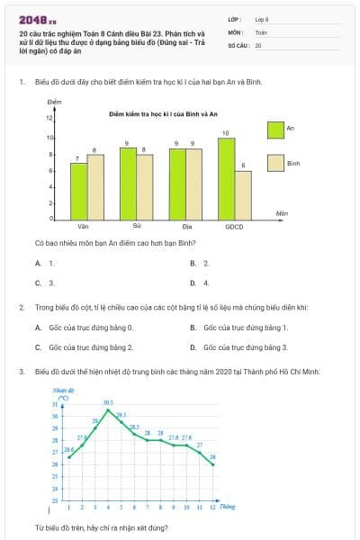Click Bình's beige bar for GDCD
[x=243, y=194]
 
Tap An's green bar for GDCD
[x=226, y=178]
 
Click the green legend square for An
[x=275, y=129]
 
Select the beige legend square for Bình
[x=275, y=164]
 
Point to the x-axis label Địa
[x=185, y=226]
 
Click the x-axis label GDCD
[x=234, y=226]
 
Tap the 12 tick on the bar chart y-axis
[x=50, y=119]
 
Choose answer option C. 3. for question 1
[x=45, y=283]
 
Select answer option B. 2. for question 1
[x=200, y=263]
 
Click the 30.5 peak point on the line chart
[x=108, y=410]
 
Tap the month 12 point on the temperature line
[x=212, y=464]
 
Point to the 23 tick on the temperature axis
[x=54, y=499]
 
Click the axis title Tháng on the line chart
[x=228, y=507]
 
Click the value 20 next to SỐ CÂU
[x=258, y=44]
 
